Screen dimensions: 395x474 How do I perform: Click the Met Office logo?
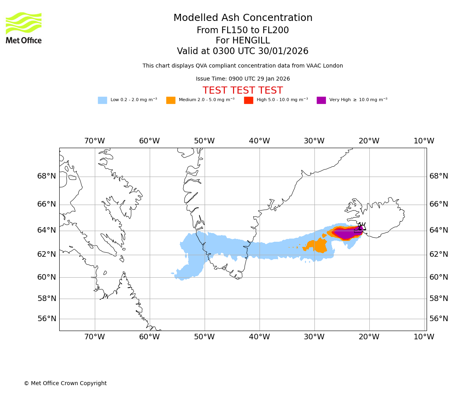(24, 28)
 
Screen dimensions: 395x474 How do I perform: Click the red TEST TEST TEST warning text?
(243, 90)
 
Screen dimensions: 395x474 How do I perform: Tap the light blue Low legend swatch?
(102, 100)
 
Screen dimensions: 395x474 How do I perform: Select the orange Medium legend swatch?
(171, 100)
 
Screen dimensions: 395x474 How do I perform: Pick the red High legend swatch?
(248, 100)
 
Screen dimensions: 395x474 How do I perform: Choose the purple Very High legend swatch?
(321, 100)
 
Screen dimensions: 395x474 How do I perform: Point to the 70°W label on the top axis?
(94, 141)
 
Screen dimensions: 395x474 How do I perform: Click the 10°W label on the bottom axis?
(424, 337)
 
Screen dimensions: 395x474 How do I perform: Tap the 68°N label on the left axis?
(47, 176)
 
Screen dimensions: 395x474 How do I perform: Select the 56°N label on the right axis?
(439, 319)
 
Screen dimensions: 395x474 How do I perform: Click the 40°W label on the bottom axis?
(260, 337)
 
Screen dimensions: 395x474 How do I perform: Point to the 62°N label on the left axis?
(47, 254)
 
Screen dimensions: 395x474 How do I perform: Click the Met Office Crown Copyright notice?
(65, 383)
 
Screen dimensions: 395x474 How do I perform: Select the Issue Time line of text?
(243, 79)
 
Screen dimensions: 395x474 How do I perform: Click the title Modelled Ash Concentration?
(243, 18)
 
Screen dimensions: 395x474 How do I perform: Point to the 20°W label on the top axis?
(369, 141)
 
